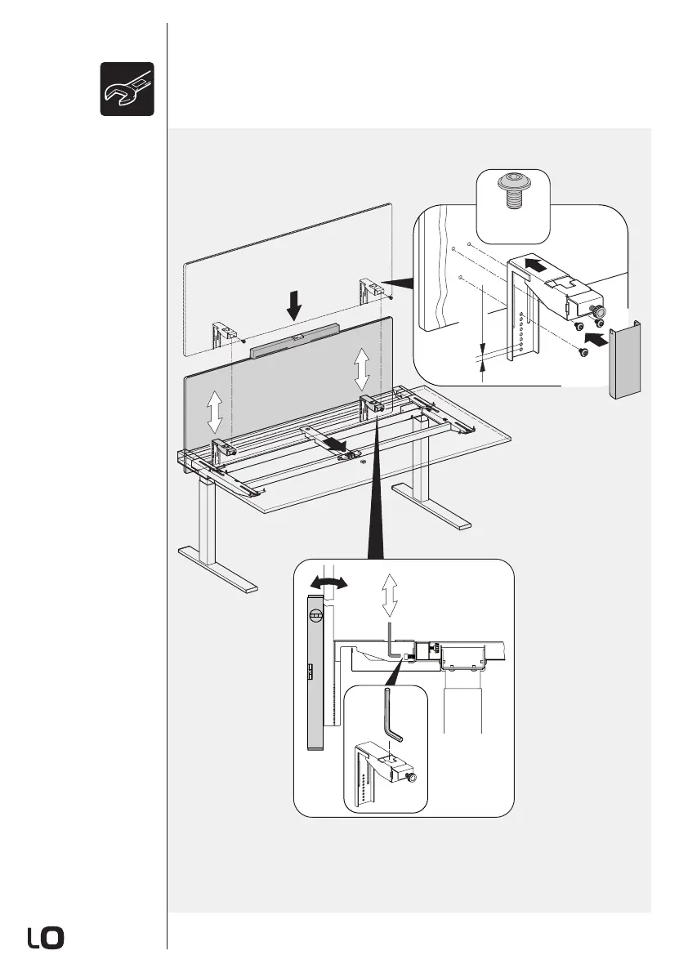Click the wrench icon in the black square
pos(127,88)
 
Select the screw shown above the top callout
pos(512,191)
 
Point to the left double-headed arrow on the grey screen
pos(214,411)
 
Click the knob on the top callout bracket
pos(599,310)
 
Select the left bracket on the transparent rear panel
pos(222,335)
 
